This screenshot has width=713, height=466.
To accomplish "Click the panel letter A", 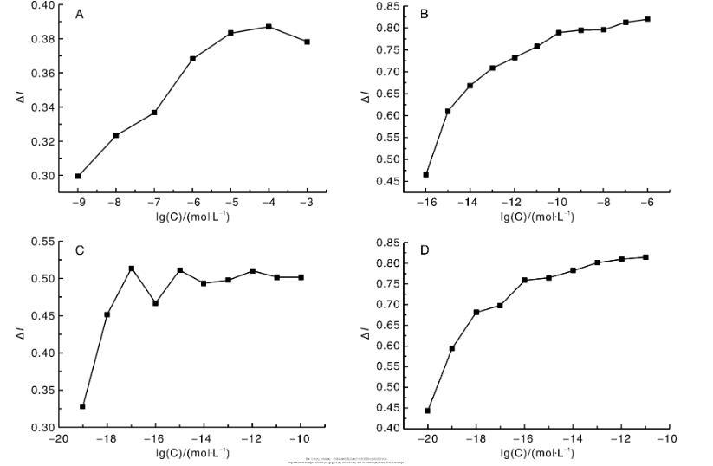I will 80,14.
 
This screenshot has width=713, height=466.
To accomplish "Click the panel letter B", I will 424,14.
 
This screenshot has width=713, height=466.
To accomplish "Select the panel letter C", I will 79,250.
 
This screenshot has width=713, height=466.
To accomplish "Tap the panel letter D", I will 423,250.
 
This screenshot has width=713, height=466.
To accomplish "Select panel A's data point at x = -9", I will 78,176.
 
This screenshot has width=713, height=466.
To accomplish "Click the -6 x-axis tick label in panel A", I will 191,204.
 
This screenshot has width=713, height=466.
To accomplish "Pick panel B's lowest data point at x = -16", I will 425,174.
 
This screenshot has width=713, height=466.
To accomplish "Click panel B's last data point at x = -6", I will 647,19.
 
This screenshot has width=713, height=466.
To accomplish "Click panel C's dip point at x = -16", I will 155,303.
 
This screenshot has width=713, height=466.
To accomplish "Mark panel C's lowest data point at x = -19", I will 82,406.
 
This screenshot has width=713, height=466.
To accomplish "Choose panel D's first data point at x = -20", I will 427,411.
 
